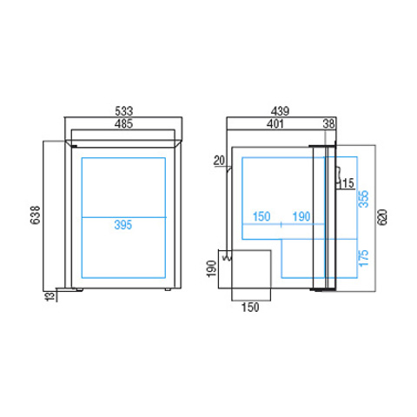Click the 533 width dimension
click(124, 111)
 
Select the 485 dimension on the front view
click(123, 124)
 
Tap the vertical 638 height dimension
click(36, 215)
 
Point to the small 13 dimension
click(50, 296)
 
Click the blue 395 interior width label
click(123, 225)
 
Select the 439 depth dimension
click(280, 111)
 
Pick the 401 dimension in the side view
click(275, 124)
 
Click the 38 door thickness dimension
click(328, 124)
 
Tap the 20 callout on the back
click(219, 161)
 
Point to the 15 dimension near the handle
click(348, 183)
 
